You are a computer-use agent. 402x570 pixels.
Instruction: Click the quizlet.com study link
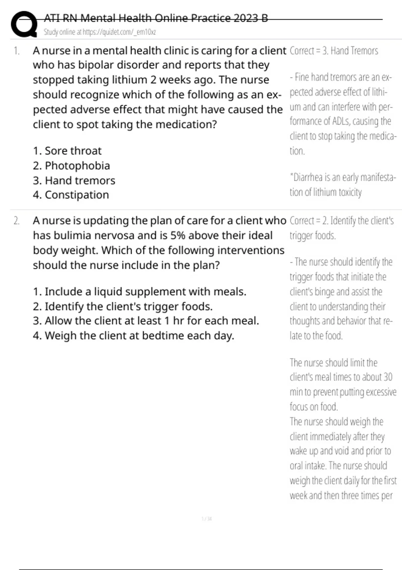pos(119,32)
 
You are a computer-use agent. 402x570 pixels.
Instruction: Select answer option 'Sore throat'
pos(67,151)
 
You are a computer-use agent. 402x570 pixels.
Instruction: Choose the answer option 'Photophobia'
pos(71,166)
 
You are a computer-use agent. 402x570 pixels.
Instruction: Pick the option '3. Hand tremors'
pos(74,180)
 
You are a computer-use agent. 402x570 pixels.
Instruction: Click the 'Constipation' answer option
pos(71,195)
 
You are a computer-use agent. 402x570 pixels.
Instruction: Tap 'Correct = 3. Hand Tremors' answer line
pos(334,51)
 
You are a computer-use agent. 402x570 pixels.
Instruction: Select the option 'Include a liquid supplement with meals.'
pos(139,292)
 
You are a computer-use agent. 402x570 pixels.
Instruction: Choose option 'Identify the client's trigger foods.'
pos(123,306)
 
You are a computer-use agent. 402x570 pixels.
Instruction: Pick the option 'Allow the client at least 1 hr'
pos(146,321)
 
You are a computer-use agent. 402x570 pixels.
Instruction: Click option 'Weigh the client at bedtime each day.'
pos(133,336)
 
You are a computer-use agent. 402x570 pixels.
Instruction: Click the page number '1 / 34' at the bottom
pos(207,519)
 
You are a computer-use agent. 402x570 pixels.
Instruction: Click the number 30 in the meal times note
pos(388,377)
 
